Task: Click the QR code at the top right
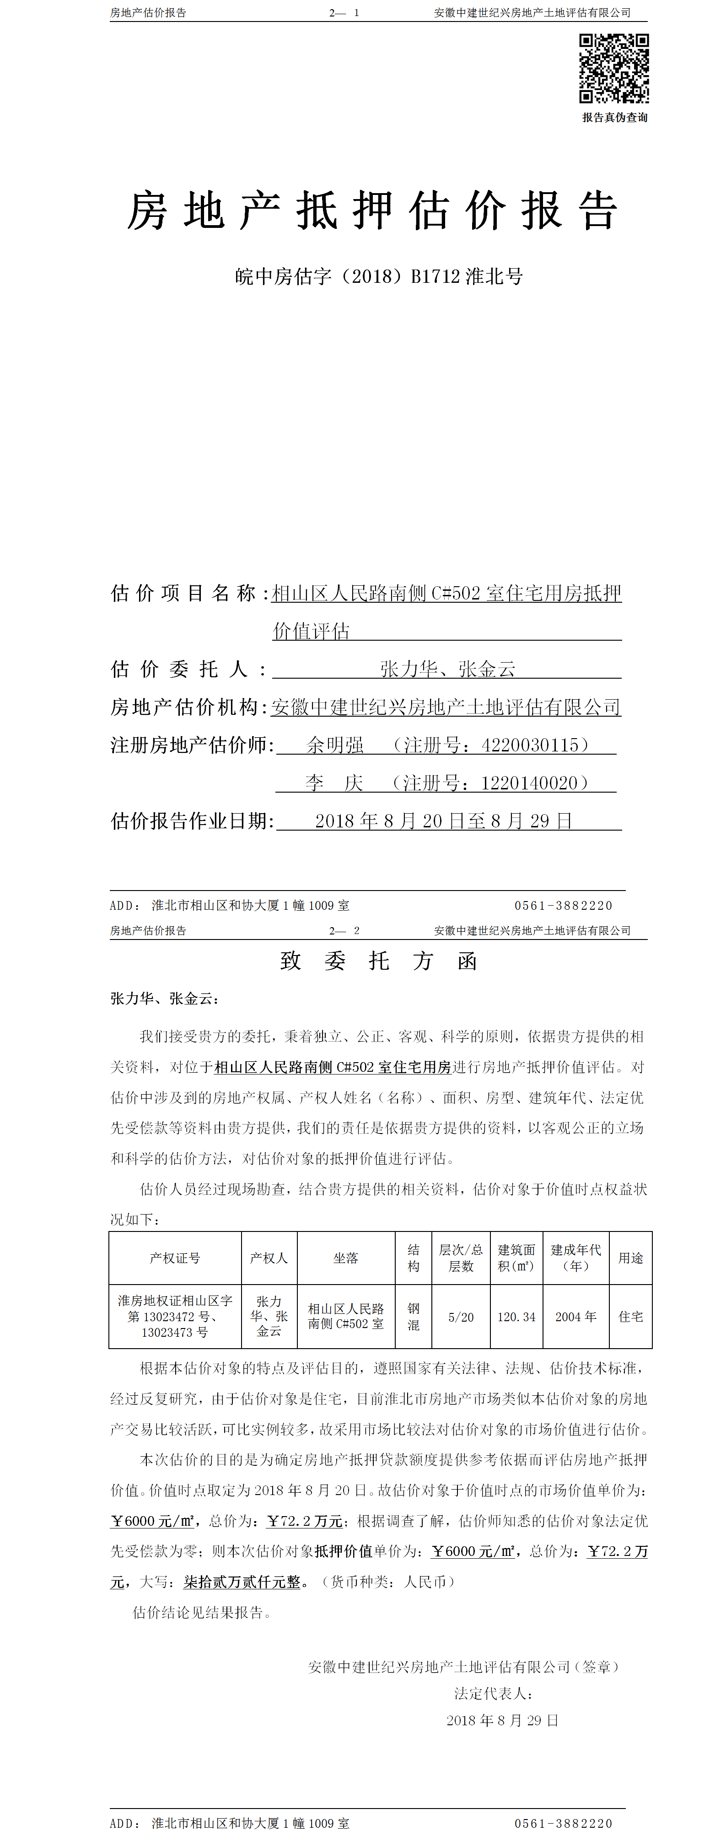pos(613,69)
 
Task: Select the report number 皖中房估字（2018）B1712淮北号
pos(379,276)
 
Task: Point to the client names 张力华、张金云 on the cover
pos(447,669)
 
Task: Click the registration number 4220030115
pos(529,745)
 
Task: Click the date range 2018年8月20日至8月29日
pos(443,821)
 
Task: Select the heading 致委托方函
pos(378,961)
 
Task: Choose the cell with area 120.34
pos(516,1317)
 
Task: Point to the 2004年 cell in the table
pos(575,1317)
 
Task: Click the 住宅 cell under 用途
pos(630,1317)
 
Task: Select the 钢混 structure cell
pos(413,1317)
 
